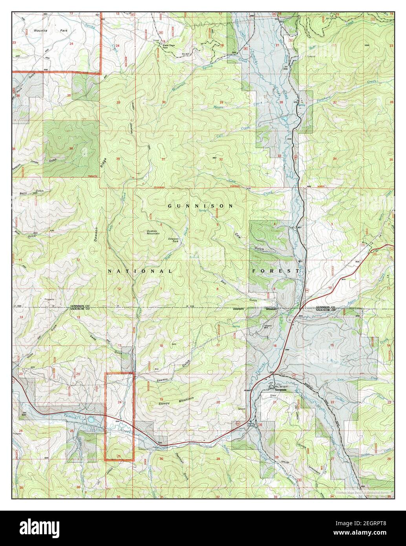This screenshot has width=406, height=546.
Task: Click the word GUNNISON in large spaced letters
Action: click(201, 206)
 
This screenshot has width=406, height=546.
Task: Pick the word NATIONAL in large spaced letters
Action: click(140, 271)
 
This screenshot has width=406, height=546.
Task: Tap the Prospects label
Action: click(49, 299)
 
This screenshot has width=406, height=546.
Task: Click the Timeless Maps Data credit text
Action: click(363, 493)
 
